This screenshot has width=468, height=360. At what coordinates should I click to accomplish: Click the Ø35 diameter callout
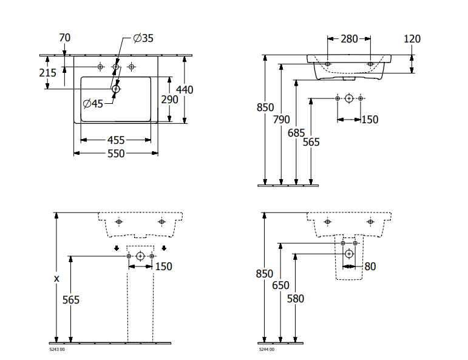pyautogui.click(x=143, y=38)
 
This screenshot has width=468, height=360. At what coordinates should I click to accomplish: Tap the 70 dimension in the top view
pyautogui.click(x=65, y=38)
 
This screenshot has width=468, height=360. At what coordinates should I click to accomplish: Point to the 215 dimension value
pyautogui.click(x=47, y=73)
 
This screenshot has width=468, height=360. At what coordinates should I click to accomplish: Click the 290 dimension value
pyautogui.click(x=169, y=100)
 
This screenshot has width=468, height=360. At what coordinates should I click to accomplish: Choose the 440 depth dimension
pyautogui.click(x=185, y=90)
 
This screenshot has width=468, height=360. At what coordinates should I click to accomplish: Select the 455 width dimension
pyautogui.click(x=117, y=140)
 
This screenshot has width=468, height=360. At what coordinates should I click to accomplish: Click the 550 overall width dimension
pyautogui.click(x=116, y=154)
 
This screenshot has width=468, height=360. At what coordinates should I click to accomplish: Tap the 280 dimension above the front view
pyautogui.click(x=349, y=39)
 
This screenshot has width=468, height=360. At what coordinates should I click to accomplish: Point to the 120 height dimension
pyautogui.click(x=412, y=39)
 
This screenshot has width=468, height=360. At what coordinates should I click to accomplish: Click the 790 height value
pyautogui.click(x=281, y=120)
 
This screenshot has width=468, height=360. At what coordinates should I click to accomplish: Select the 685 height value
pyautogui.click(x=296, y=132)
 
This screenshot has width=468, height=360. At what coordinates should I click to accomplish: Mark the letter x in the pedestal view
pyautogui.click(x=56, y=279)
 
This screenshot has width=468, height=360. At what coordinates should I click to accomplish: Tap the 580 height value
pyautogui.click(x=295, y=299)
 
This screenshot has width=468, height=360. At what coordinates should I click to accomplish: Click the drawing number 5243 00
pyautogui.click(x=56, y=350)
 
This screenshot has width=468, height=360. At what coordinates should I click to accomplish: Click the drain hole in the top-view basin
pyautogui.click(x=117, y=90)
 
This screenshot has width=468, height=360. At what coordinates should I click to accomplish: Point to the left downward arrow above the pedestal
pyautogui.click(x=116, y=248)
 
